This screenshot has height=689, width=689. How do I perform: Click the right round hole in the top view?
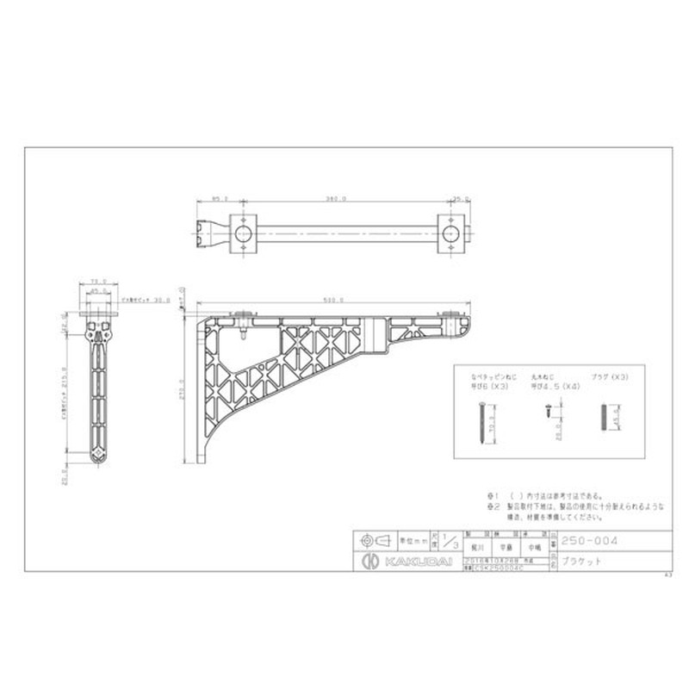click(x=450, y=233)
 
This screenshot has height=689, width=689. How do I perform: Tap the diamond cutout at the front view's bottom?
click(x=98, y=455)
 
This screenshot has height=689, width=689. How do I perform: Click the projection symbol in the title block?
click(x=368, y=541)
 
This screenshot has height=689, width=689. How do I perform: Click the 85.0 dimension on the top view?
click(x=220, y=199)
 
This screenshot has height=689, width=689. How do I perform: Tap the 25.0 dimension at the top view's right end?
click(x=459, y=199)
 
